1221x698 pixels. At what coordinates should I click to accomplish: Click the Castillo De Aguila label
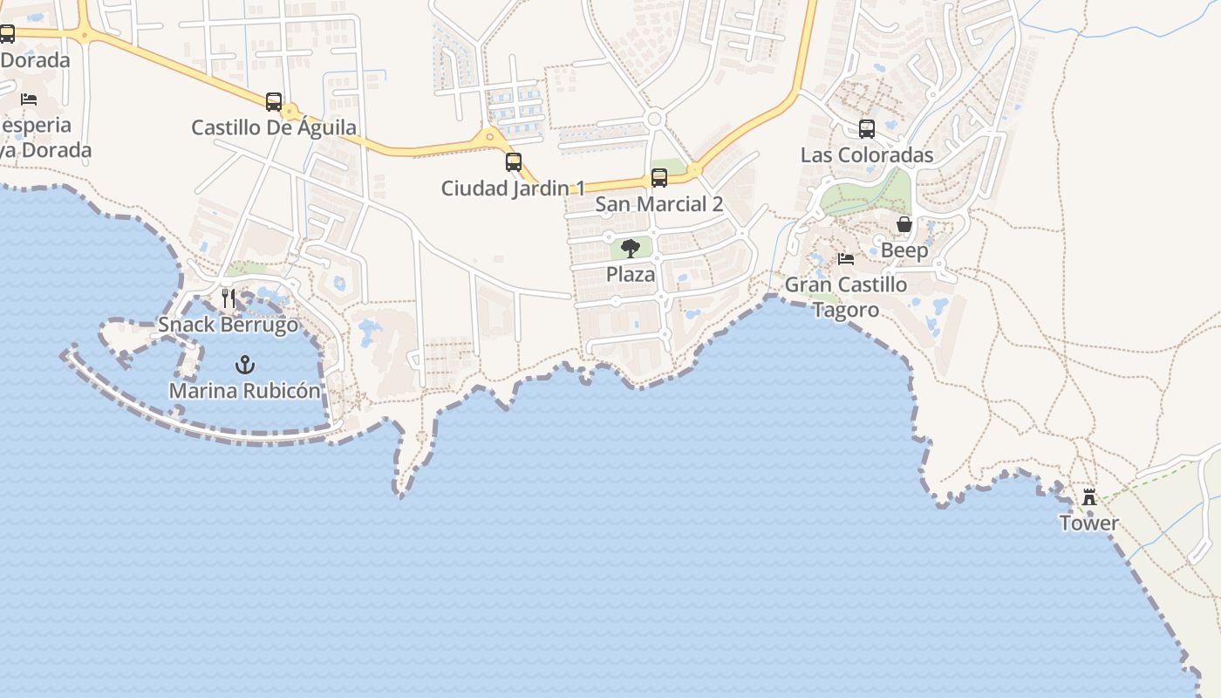tap(274, 127)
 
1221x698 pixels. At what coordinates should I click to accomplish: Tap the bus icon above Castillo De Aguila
tap(274, 102)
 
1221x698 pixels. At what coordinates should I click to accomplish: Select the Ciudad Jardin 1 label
tap(513, 188)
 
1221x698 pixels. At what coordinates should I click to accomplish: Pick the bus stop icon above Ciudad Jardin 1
tap(514, 162)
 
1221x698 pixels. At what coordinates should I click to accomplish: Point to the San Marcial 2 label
tap(659, 204)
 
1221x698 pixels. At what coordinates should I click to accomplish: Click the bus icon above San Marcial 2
tap(659, 178)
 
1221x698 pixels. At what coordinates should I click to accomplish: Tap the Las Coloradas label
tap(867, 155)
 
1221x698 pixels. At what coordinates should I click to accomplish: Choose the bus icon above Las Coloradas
tap(867, 129)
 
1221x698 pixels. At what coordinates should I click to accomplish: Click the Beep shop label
tap(904, 250)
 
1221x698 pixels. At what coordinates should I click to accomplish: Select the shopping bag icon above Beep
tap(904, 225)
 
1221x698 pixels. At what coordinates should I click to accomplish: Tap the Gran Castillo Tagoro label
tap(846, 297)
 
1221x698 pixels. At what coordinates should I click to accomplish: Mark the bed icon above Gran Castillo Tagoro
tap(846, 259)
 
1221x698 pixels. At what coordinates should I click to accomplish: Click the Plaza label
tap(631, 274)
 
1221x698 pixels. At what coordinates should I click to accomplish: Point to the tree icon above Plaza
tap(631, 249)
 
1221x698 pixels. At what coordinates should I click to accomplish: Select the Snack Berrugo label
tap(229, 325)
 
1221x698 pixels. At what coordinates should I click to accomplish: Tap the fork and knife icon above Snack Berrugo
tap(229, 298)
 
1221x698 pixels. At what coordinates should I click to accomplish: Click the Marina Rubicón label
tap(245, 390)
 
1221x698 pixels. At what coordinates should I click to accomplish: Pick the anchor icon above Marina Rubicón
tap(245, 364)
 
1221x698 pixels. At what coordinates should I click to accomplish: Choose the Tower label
tap(1089, 523)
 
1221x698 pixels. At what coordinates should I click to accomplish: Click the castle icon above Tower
tap(1089, 497)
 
